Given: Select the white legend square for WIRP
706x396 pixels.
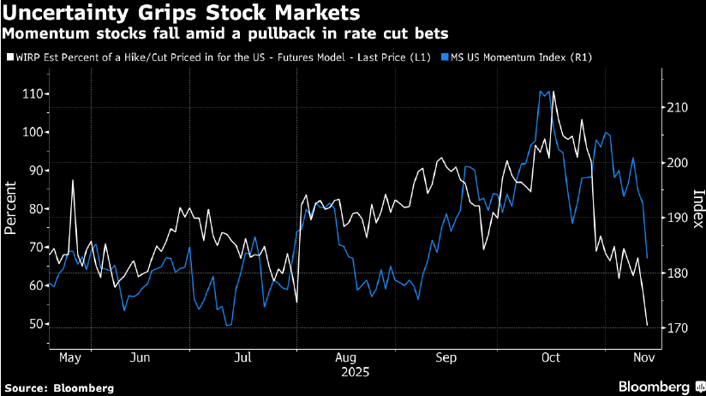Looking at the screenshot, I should coord(9,57).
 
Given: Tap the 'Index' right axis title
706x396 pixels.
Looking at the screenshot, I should coord(697,207).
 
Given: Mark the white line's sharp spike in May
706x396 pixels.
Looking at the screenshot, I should coord(73,180).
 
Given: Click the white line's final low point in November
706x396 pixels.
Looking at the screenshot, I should coord(647,325).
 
